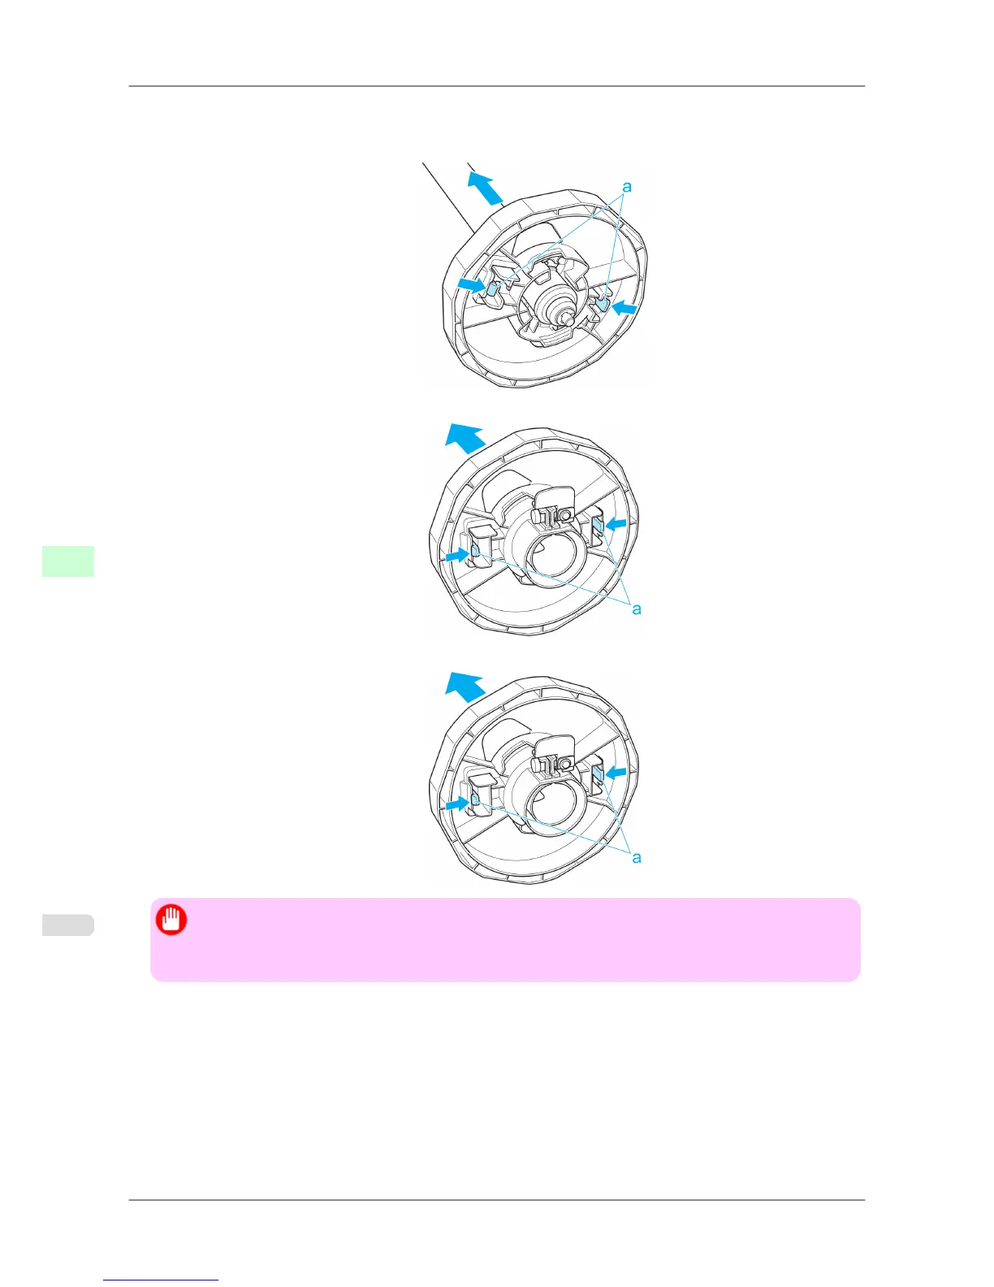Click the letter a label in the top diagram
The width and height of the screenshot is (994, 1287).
626,187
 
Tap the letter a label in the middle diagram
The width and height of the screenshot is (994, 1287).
637,609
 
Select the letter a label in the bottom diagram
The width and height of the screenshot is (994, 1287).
637,857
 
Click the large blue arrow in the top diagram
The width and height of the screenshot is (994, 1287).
486,186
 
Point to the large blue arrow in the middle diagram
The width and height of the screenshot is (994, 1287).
465,439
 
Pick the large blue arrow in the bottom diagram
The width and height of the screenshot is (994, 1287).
465,687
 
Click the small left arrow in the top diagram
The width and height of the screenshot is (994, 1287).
470,284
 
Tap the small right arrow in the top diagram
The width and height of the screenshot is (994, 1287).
624,308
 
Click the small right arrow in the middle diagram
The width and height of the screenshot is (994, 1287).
616,525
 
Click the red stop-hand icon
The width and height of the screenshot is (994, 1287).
171,921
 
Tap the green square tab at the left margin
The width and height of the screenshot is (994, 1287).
68,561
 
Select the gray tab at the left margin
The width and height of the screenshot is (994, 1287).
68,925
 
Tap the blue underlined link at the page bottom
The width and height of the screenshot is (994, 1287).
161,1280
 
